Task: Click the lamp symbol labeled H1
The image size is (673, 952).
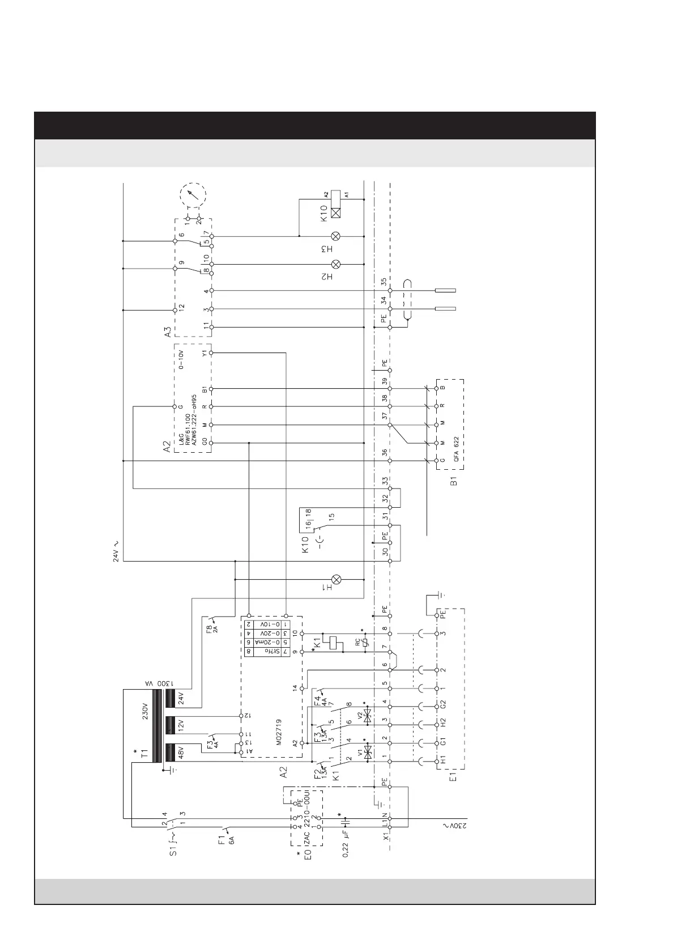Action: [336, 579]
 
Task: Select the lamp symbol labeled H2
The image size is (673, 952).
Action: [336, 264]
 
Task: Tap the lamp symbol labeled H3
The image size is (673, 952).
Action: [336, 236]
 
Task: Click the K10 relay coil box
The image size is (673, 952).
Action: [336, 214]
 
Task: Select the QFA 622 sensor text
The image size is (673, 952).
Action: [456, 451]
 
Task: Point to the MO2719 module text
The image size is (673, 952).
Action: [279, 730]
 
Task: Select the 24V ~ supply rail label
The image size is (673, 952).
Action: [116, 550]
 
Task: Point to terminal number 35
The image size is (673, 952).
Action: [384, 282]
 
